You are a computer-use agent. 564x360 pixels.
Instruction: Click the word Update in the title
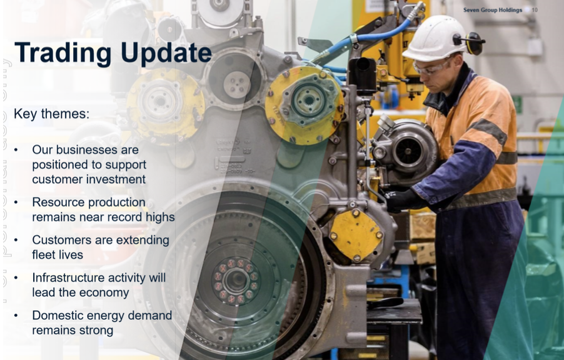click(166, 53)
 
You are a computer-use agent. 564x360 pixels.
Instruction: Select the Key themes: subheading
click(51, 114)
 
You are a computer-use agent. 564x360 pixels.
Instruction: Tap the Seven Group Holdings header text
click(493, 10)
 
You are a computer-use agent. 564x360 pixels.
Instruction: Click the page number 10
click(535, 10)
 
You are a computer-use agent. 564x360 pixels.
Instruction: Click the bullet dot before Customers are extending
click(16, 240)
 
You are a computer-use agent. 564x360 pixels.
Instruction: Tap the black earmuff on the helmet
click(474, 42)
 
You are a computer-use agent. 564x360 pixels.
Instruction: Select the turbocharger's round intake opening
click(408, 151)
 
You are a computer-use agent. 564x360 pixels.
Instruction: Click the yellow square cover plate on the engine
click(356, 235)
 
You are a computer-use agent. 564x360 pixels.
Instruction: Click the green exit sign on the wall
click(517, 104)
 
